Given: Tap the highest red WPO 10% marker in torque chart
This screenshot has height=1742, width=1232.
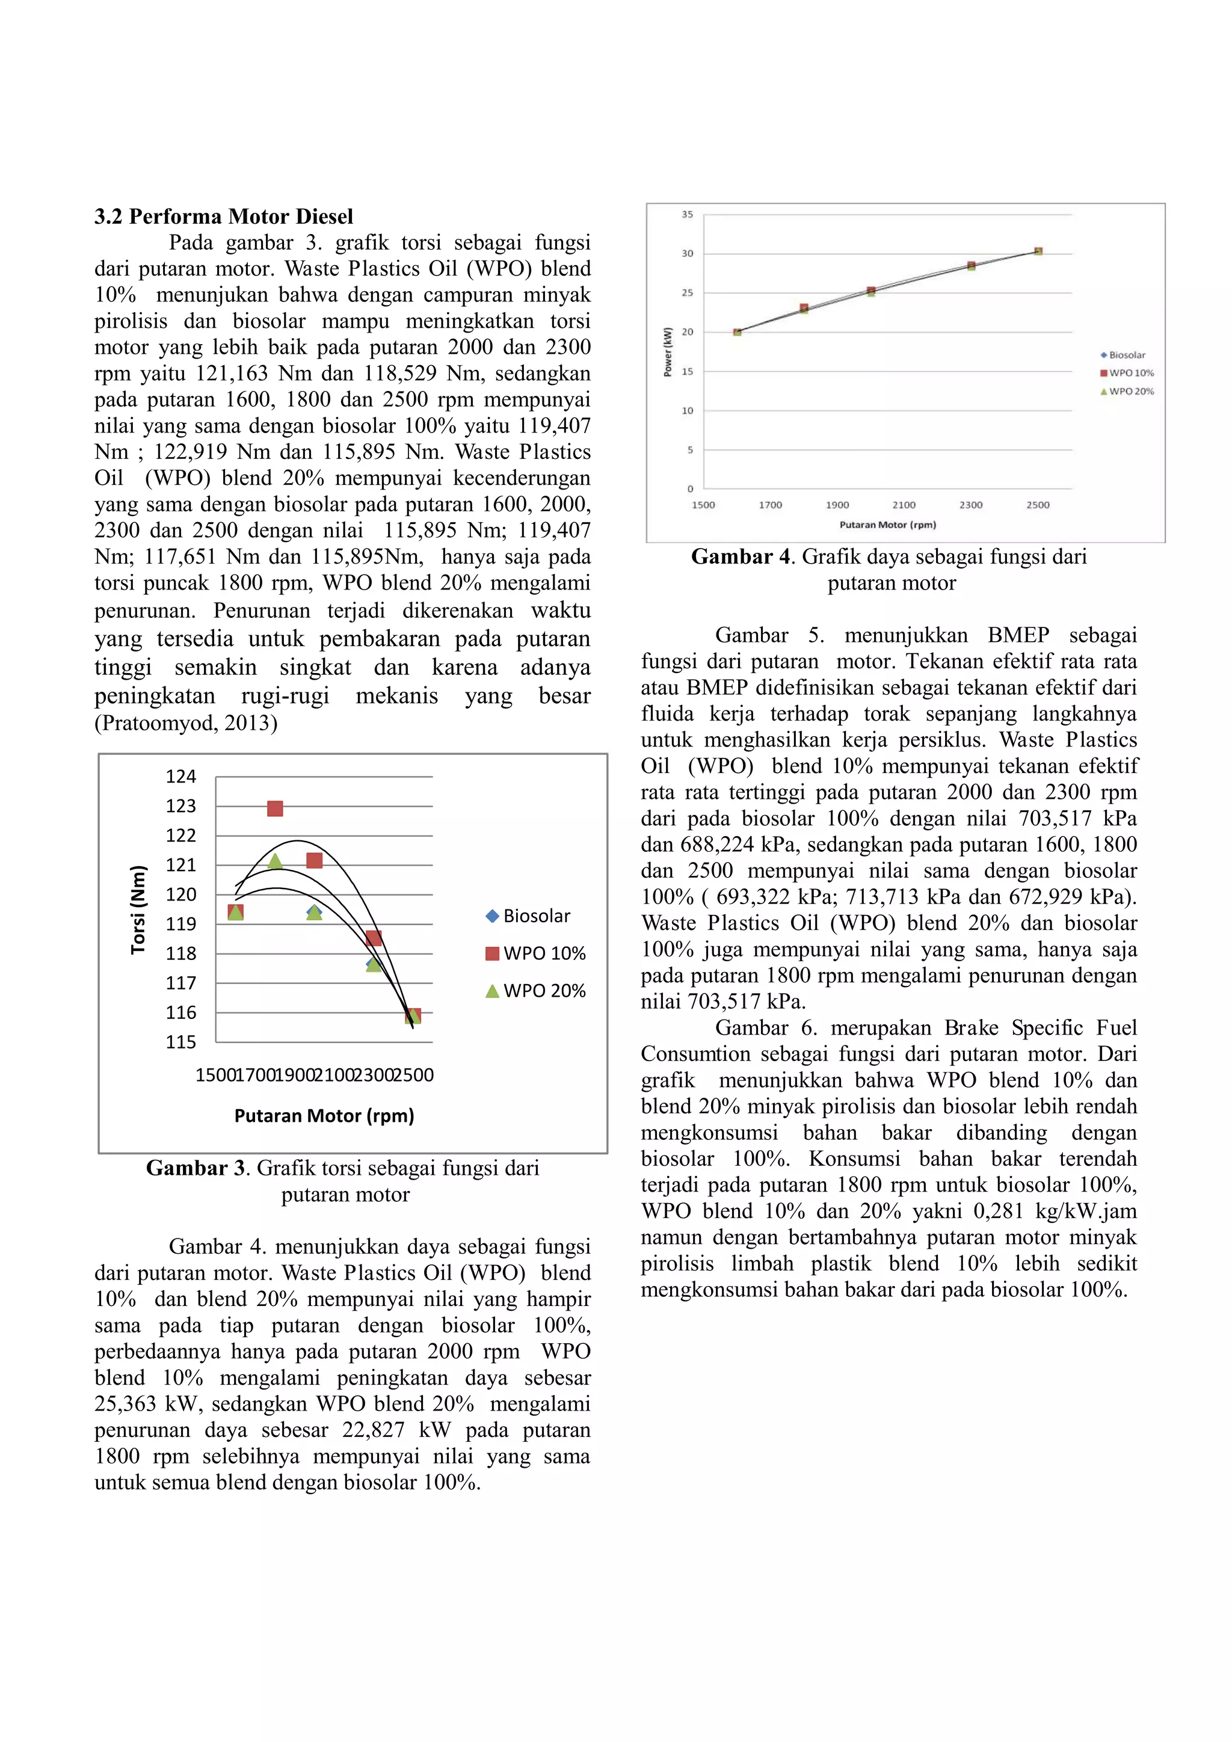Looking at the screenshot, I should [275, 809].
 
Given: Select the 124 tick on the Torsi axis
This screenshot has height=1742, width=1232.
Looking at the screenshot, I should [180, 776].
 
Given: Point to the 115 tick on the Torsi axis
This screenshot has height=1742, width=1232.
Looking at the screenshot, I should [180, 1042].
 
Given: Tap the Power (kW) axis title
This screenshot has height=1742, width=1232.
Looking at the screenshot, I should [668, 351].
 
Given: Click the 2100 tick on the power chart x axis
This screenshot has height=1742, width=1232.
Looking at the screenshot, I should [904, 505].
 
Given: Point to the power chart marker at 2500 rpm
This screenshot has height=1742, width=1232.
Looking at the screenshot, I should [1038, 251].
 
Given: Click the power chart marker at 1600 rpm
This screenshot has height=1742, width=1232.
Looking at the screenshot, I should [738, 331].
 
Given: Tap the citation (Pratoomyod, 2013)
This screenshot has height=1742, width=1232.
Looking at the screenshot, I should [186, 723].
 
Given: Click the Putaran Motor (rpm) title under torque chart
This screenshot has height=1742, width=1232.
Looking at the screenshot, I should [324, 1115].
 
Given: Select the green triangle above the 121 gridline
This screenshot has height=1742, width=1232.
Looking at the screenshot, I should [276, 860].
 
